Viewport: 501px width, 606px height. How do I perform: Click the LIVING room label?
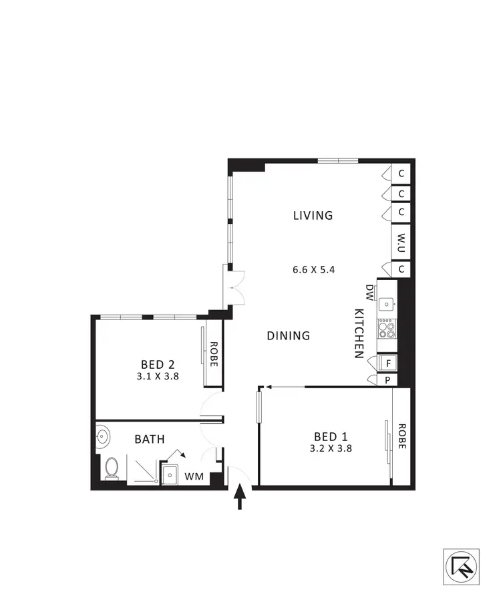313,215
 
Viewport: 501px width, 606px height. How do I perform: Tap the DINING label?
289,335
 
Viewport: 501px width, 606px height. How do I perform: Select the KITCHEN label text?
359,334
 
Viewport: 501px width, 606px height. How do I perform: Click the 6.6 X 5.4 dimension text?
313,271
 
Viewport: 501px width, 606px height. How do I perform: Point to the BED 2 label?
158,364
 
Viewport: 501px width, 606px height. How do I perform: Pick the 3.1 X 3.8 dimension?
158,376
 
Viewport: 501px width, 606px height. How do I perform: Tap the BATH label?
150,439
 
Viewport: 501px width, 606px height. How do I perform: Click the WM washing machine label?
194,476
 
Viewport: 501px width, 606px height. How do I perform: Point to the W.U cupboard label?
402,240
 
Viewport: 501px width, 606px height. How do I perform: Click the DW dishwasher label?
369,291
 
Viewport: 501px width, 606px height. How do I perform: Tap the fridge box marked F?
388,363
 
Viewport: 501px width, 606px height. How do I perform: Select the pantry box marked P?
388,380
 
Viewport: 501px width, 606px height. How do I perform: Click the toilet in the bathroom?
112,469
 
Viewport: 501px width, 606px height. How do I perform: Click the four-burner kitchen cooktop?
387,328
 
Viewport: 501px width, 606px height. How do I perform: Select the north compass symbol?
461,567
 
